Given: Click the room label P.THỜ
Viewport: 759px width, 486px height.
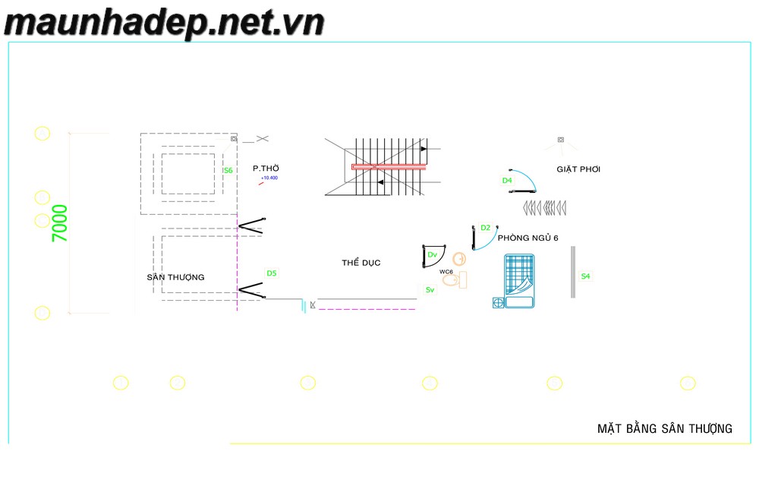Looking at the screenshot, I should pos(266,169).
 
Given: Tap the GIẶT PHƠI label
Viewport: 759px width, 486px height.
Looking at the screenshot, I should pos(578,169).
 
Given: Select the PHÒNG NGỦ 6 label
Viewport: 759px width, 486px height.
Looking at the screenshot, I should pos(528,238).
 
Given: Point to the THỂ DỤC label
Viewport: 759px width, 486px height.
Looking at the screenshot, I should pos(361,263).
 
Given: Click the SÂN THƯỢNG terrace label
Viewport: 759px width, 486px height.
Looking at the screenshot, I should pos(175,277).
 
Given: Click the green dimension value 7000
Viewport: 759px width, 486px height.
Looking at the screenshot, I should pos(60,223).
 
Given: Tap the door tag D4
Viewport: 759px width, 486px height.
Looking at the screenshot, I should pos(507,181).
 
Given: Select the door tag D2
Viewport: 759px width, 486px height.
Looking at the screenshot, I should pos(486,227).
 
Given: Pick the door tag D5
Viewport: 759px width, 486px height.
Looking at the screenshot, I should pos(271,273).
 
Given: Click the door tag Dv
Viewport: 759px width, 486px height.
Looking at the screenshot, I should pos(432,254).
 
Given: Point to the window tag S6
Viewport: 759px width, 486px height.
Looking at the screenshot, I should pos(228,171).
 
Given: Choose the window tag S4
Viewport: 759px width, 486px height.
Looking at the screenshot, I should pos(585,276).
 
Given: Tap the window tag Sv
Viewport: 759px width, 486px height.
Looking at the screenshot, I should pos(430,290).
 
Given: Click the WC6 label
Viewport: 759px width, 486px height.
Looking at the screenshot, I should pos(446,271).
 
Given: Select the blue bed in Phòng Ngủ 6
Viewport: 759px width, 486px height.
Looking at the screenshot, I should pos(520,281).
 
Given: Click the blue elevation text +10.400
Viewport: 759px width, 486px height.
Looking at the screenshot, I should pos(269,178).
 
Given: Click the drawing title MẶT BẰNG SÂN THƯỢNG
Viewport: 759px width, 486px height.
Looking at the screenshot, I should pos(665,429).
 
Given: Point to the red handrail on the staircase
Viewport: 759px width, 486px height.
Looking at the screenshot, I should pos(388,166).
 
